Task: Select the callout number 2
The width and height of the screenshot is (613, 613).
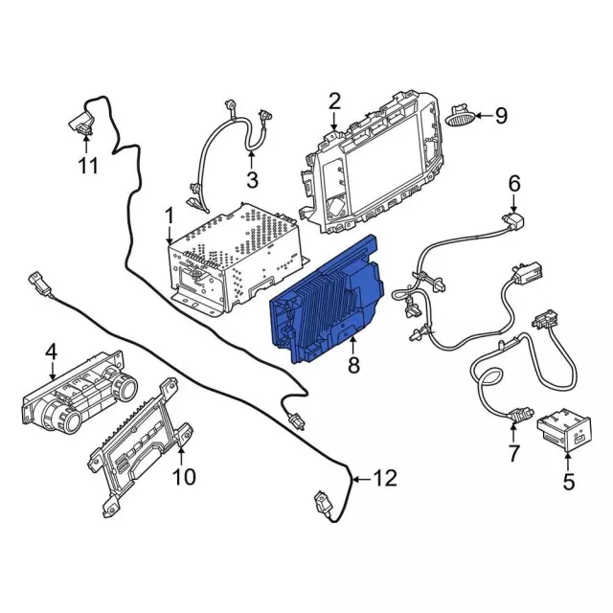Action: pyautogui.click(x=334, y=101)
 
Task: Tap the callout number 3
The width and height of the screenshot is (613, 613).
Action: pyautogui.click(x=252, y=179)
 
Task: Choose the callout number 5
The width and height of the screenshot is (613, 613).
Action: pyautogui.click(x=569, y=482)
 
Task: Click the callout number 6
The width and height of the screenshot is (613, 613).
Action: pyautogui.click(x=513, y=182)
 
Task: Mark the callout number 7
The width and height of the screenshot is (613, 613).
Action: pyautogui.click(x=512, y=450)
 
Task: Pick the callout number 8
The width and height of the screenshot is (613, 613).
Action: pyautogui.click(x=353, y=364)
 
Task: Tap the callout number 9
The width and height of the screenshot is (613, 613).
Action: pyautogui.click(x=501, y=116)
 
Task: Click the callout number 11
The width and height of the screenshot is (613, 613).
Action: pyautogui.click(x=88, y=167)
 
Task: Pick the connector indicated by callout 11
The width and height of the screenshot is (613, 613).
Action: pyautogui.click(x=81, y=121)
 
